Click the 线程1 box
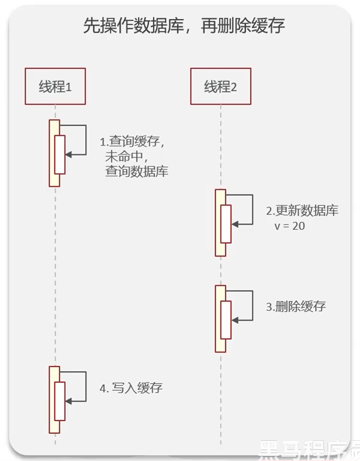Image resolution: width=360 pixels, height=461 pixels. [x=55, y=86]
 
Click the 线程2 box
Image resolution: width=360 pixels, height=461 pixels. [x=221, y=86]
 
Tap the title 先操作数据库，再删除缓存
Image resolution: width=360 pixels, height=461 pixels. [x=184, y=27]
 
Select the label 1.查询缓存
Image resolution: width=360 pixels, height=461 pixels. [x=132, y=142]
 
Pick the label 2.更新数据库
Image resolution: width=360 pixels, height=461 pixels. [x=302, y=211]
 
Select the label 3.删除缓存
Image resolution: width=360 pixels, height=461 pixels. [x=296, y=307]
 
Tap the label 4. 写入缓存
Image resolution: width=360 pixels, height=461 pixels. [x=131, y=388]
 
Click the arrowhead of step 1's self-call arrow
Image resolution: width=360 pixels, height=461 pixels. [x=68, y=154]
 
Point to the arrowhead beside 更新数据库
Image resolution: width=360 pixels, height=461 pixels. [x=235, y=224]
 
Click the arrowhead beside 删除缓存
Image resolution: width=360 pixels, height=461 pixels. [x=235, y=320]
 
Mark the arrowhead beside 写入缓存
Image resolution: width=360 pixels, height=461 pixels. [x=68, y=401]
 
